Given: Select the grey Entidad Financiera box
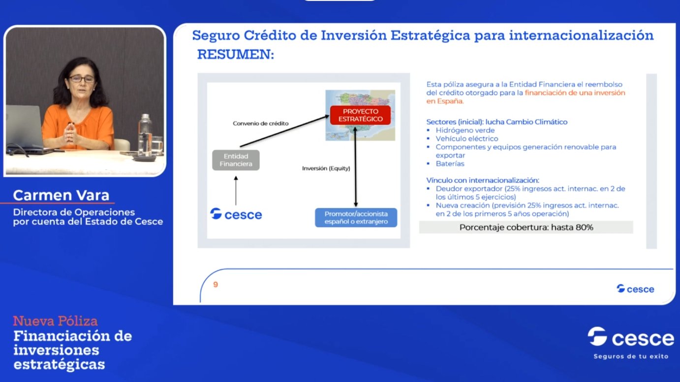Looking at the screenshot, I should click(236, 160).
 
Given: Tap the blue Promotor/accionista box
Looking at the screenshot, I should click(356, 217).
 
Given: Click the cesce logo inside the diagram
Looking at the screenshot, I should click(236, 214).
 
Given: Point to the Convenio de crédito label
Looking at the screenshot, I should click(260, 123).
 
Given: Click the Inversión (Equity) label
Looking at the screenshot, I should click(326, 168).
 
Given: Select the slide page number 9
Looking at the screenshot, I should click(216, 284).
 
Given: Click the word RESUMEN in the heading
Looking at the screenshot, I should click(235, 55).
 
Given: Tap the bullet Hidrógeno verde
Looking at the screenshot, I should click(465, 130).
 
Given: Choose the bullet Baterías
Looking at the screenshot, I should click(450, 163).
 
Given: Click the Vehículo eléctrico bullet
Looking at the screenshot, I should click(466, 139).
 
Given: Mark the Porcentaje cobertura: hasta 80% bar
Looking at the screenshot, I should click(525, 227).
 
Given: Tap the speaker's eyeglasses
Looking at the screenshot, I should click(81, 79).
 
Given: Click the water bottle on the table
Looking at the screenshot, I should click(145, 135).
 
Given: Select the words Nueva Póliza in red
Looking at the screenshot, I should click(55, 322).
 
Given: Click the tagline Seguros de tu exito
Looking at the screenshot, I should click(631, 356).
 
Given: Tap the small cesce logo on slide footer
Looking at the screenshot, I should click(635, 289).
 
